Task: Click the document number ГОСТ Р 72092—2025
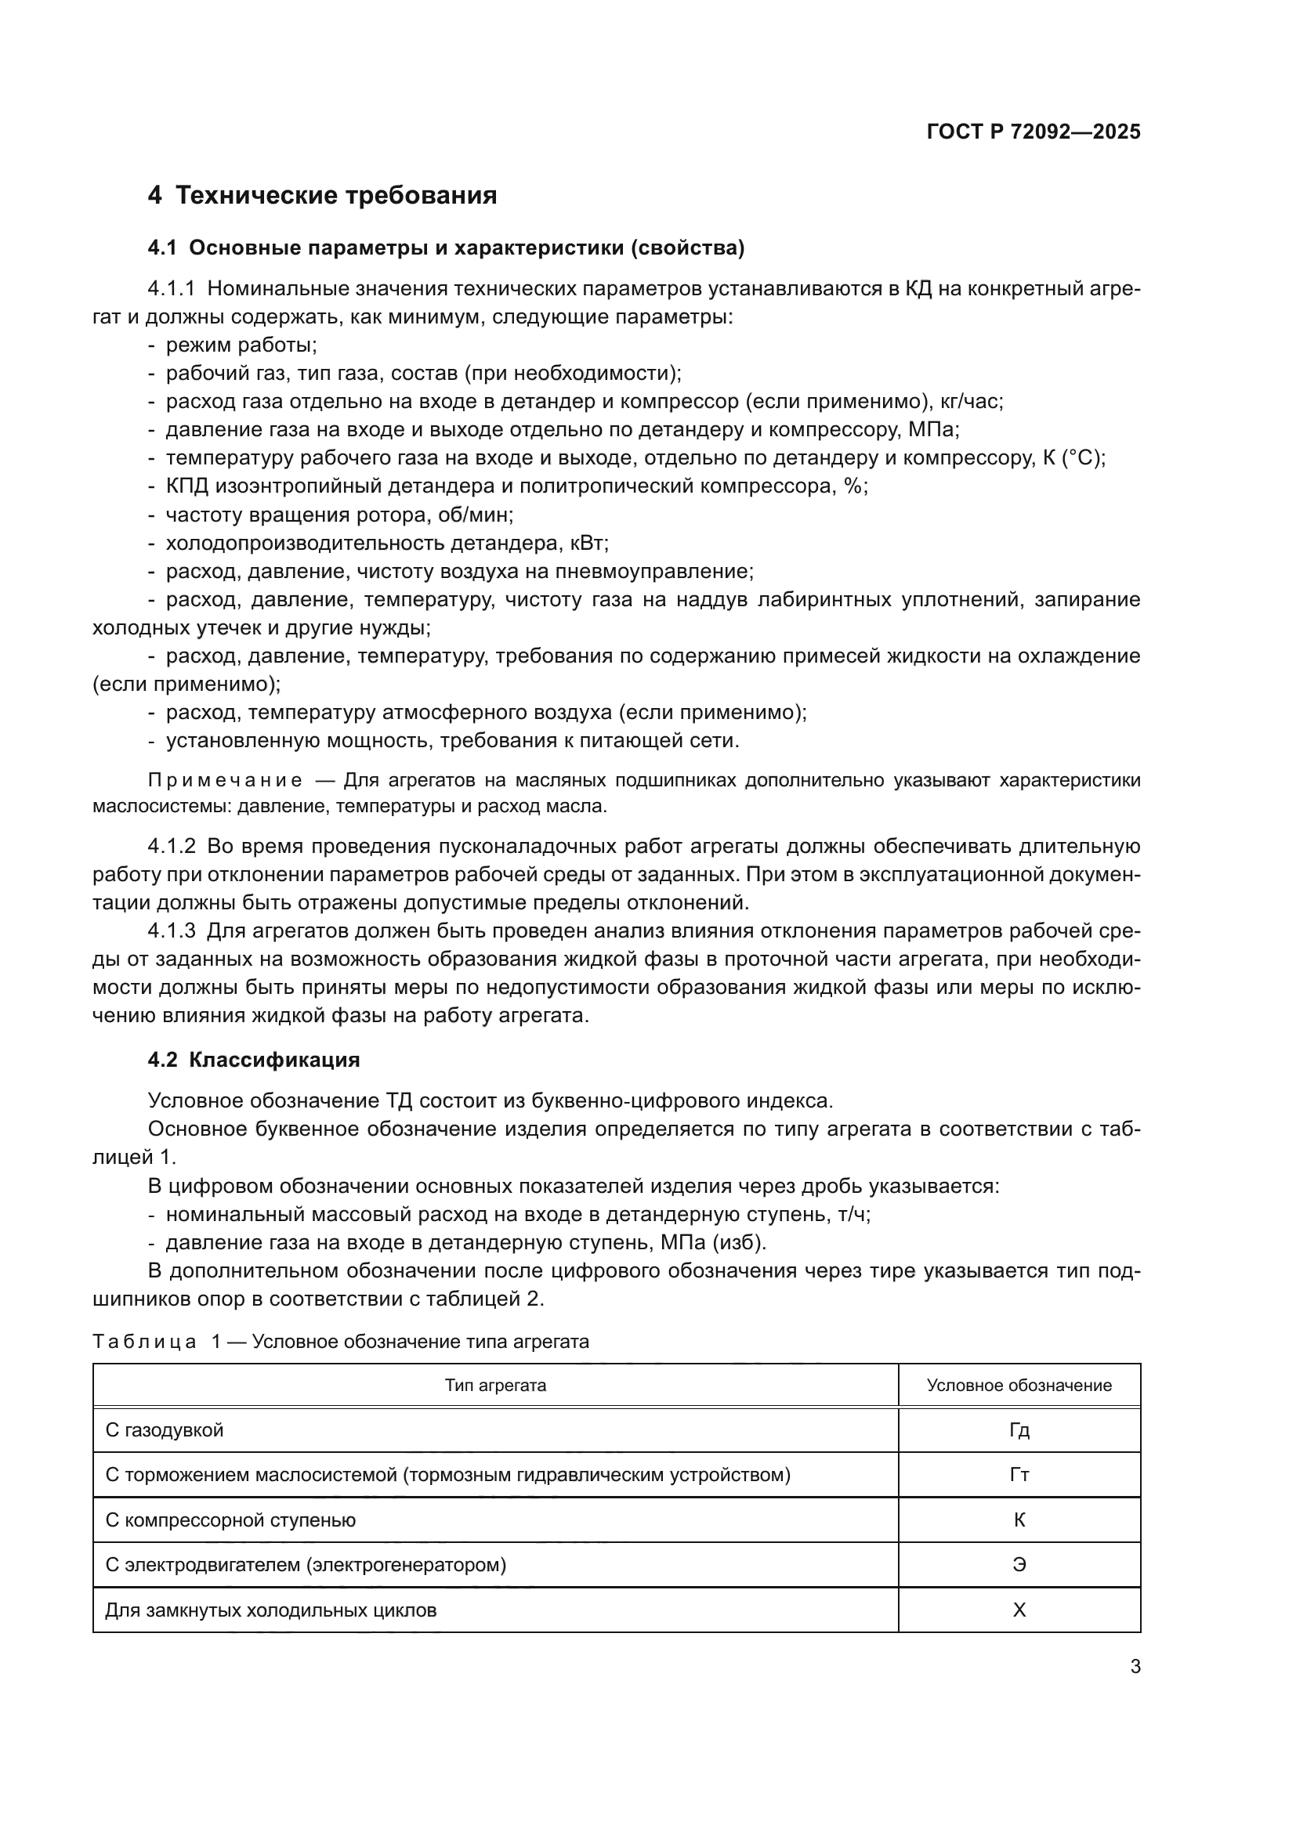1033,132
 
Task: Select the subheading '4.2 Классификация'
254,1060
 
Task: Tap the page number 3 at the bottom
1135,1666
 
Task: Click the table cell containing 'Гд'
1019,1430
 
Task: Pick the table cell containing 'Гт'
1019,1475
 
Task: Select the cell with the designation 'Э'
1019,1565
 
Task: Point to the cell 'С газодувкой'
165,1430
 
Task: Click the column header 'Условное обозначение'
1019,1386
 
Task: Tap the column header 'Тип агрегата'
494,1386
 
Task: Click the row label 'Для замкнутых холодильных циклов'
270,1610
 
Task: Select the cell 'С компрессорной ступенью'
230,1520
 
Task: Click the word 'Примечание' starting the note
225,780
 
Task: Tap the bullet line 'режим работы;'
241,345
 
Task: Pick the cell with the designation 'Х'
1019,1610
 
